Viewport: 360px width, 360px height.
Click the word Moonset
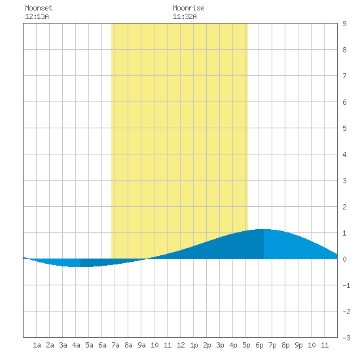click(x=39, y=8)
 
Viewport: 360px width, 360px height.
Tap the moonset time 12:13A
click(x=37, y=16)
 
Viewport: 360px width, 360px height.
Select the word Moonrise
click(x=189, y=8)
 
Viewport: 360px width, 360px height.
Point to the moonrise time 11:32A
click(x=185, y=16)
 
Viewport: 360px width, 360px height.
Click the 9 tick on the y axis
click(x=344, y=24)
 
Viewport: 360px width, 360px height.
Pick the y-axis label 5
click(x=344, y=128)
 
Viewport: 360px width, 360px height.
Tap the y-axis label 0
click(x=344, y=259)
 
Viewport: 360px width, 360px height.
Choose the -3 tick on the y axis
click(x=346, y=338)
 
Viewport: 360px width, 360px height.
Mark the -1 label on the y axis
click(x=346, y=285)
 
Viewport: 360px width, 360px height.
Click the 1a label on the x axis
click(x=37, y=345)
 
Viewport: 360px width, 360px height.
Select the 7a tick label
click(x=115, y=345)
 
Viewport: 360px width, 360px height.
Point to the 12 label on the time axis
click(x=181, y=345)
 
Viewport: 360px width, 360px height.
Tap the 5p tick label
click(x=246, y=345)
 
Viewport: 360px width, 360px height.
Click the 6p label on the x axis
click(x=259, y=345)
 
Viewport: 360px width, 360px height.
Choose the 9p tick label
click(x=298, y=345)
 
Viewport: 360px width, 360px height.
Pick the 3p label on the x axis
click(x=220, y=345)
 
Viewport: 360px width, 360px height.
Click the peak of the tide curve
click(x=264, y=229)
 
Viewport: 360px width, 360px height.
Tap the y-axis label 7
click(x=344, y=76)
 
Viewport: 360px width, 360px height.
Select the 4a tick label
click(x=76, y=345)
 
